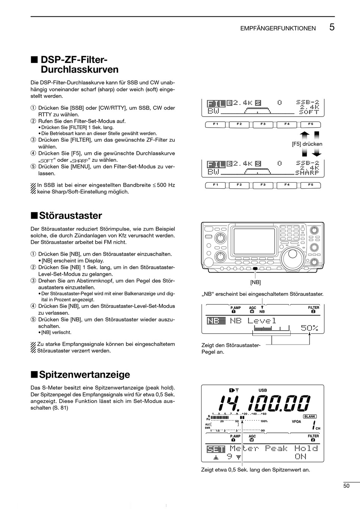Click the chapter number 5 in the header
[x=332, y=27]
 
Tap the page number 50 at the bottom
[x=346, y=486]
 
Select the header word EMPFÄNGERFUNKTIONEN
[x=278, y=28]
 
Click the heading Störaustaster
[x=70, y=215]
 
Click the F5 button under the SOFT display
[x=310, y=124]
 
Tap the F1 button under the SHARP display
[x=215, y=185]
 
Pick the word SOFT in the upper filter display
[x=308, y=112]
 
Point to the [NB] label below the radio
[x=255, y=282]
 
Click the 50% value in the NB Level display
[x=310, y=328]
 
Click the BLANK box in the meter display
[x=310, y=416]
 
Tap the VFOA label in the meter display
[x=296, y=422]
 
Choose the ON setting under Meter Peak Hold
[x=300, y=457]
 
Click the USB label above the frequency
[x=263, y=390]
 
